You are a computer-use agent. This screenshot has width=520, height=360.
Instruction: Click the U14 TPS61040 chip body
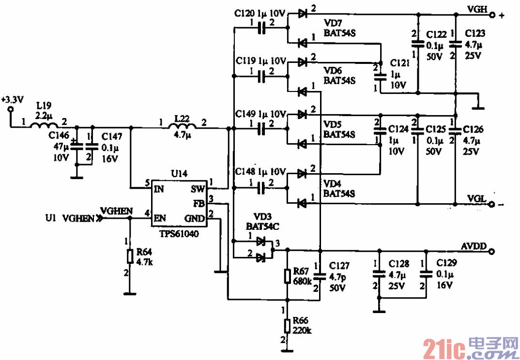click(x=179, y=203)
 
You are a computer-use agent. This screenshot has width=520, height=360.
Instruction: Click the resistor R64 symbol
click(x=130, y=256)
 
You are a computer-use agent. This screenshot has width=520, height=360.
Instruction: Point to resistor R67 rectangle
click(x=288, y=275)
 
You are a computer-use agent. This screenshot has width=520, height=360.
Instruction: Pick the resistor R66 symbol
click(x=288, y=325)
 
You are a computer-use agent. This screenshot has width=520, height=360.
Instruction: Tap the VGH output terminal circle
click(x=492, y=15)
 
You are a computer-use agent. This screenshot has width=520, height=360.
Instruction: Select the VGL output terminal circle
click(x=492, y=204)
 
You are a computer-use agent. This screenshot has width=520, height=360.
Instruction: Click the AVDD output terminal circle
click(x=492, y=251)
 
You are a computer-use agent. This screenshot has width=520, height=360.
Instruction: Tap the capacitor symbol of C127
click(x=319, y=276)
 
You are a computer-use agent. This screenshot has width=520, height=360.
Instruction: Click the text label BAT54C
click(x=261, y=225)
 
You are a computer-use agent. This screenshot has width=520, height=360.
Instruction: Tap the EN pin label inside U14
click(x=159, y=218)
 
